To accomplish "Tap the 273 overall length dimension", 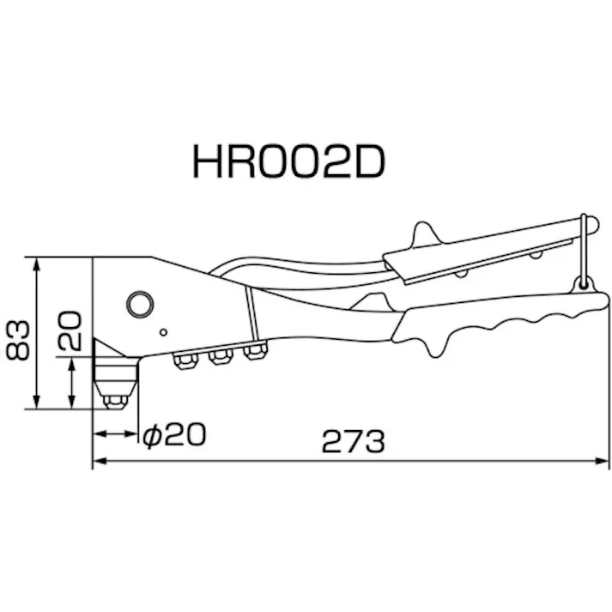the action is (x=354, y=441).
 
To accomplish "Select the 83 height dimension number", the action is (x=18, y=340).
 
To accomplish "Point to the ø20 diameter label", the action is (x=174, y=434).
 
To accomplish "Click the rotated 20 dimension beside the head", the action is (x=70, y=330).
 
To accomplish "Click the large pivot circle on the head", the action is (x=140, y=304).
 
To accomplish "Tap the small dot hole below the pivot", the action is (x=164, y=332).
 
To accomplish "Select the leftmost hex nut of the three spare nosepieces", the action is (x=185, y=361).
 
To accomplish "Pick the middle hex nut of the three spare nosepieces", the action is (x=221, y=356).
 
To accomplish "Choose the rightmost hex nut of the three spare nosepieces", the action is (x=255, y=350).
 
